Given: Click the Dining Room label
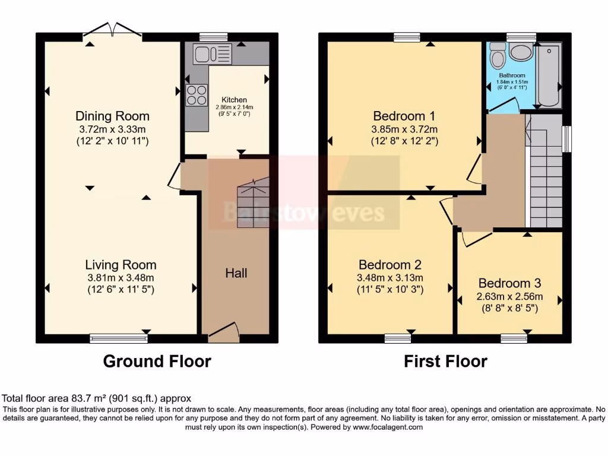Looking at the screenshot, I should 112,116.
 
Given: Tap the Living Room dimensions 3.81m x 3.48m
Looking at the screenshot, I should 121,278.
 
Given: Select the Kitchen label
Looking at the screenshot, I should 234,100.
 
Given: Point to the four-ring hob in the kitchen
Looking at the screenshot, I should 197,95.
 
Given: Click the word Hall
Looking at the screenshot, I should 236,273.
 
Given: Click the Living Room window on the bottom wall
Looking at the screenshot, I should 119,338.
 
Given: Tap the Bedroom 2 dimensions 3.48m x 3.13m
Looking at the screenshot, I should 389,278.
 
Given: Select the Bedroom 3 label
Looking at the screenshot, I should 509,283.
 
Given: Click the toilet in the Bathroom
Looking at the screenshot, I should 497,57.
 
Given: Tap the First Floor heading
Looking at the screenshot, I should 445,361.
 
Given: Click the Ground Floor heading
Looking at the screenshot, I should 157,361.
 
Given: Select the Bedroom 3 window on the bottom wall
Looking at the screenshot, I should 514,338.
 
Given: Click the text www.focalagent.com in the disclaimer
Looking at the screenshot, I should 388,427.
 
